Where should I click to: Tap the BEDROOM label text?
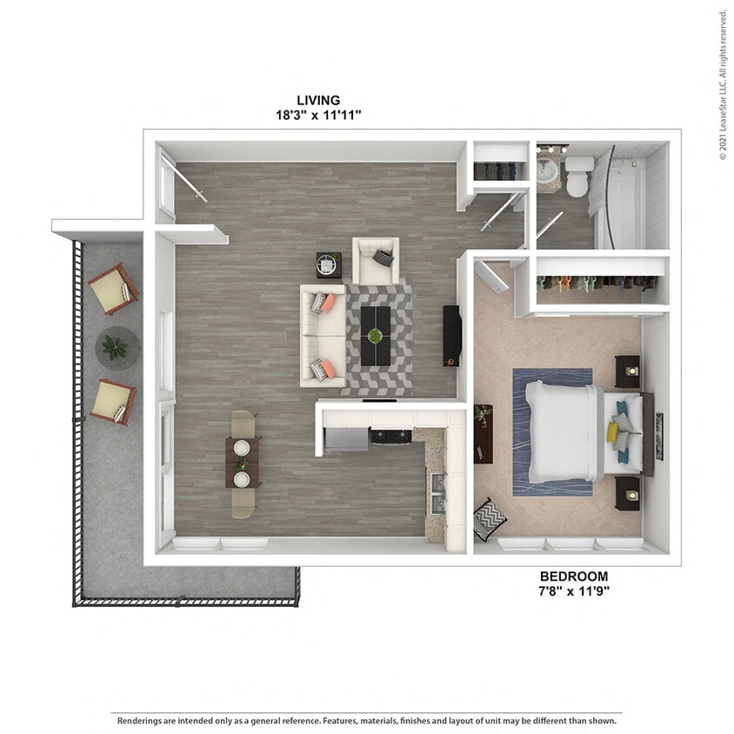573,576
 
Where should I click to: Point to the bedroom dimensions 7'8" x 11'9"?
573,590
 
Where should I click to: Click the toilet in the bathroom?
578,177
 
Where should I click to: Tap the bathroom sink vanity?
548,170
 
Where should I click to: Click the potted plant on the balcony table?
115,347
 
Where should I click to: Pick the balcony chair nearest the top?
112,289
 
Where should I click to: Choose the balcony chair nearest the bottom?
113,402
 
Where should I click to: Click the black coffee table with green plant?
375,336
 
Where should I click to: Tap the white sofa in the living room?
323,336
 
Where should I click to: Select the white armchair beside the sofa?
376,260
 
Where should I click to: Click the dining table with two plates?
243,463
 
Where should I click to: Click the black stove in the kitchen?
390,436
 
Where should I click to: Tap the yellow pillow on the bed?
614,431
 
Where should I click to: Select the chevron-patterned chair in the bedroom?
490,519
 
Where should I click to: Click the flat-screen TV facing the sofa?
451,336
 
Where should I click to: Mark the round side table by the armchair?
329,264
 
